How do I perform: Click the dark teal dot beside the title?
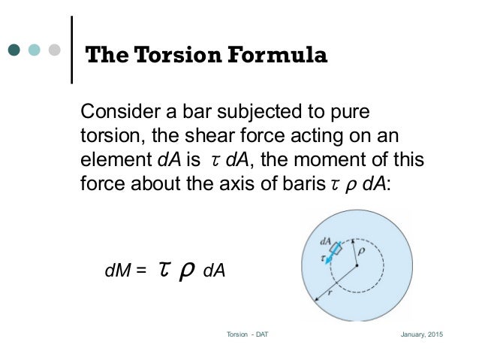[15, 50]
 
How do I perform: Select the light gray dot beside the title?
[53, 50]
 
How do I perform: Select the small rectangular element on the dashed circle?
[338, 246]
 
